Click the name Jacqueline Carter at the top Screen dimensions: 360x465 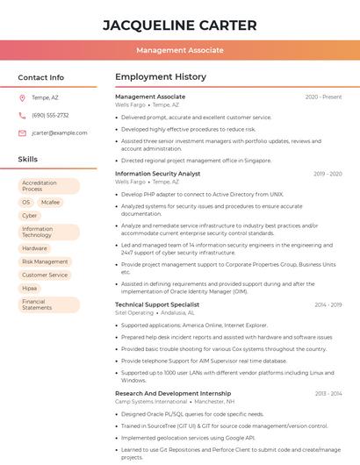(x=180, y=25)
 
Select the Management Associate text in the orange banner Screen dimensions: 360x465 (x=180, y=50)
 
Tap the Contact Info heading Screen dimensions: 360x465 (x=41, y=77)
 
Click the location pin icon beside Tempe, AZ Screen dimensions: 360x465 (x=22, y=97)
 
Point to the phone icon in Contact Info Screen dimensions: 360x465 (x=22, y=115)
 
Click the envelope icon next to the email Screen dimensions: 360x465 (x=22, y=132)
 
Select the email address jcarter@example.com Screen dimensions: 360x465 (x=60, y=132)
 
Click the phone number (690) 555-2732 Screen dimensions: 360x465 (x=50, y=115)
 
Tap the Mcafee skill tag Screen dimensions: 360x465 (x=50, y=202)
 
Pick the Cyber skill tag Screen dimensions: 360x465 (x=30, y=215)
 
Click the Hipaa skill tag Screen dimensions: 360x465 (x=30, y=288)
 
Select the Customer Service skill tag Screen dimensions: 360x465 (x=45, y=275)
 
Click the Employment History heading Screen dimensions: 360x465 (x=161, y=77)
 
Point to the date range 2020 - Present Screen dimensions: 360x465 (x=323, y=97)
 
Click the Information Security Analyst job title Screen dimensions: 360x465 (x=158, y=174)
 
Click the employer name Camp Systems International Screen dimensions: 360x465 (x=151, y=401)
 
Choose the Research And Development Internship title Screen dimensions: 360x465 (x=173, y=394)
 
